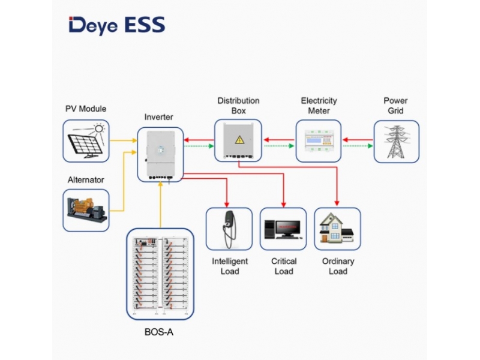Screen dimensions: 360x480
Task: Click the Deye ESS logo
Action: coord(116,25)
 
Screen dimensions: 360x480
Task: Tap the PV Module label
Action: coord(86,109)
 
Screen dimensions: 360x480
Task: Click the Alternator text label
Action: coord(86,179)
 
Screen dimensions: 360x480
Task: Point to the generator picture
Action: coord(86,211)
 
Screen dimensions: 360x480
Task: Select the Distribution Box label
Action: coord(238,106)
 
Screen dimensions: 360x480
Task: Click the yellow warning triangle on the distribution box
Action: coord(239,140)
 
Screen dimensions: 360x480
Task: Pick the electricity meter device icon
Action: coord(319,142)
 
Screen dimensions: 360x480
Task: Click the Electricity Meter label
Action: coord(319,106)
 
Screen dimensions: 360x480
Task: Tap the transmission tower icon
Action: coord(396,142)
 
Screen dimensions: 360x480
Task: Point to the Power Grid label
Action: coord(396,106)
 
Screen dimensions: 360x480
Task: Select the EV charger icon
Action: coord(229,229)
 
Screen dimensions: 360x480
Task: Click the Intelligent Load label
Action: coord(230,266)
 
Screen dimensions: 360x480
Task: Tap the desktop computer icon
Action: coord(283,229)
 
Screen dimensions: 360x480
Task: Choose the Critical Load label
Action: coord(284,266)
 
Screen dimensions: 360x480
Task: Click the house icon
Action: coord(337,229)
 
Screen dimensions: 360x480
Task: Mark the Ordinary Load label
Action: coord(338,266)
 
